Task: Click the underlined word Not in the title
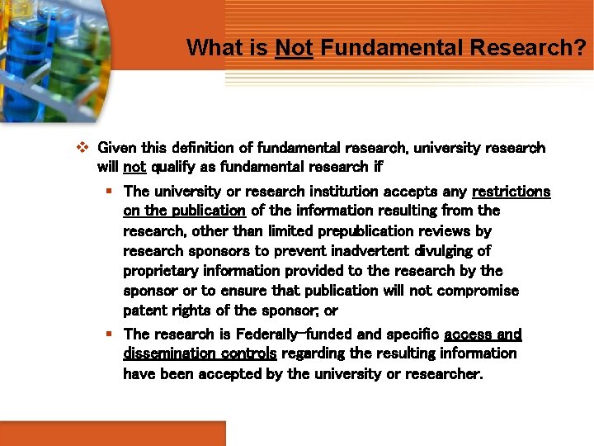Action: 294,48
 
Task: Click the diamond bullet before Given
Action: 82,149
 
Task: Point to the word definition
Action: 210,149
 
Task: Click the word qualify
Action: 174,167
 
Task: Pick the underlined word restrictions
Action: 511,192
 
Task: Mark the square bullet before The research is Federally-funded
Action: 109,334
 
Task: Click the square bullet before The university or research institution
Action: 109,192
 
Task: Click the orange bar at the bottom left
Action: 112,434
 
